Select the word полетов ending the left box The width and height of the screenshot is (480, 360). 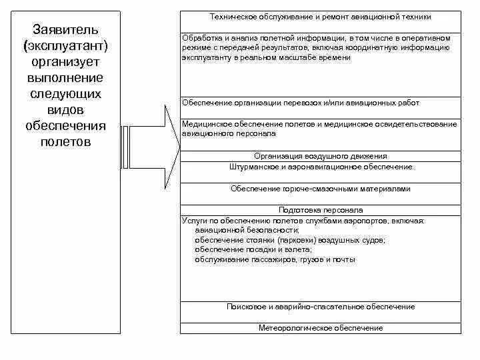(x=65, y=141)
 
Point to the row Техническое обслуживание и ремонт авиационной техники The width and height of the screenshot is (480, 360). (x=320, y=16)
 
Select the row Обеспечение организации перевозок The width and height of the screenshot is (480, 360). (x=300, y=103)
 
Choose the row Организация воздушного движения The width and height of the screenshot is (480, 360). (x=320, y=156)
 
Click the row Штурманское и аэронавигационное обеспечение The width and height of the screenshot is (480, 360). (x=320, y=167)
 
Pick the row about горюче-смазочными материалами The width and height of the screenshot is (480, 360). (x=320, y=189)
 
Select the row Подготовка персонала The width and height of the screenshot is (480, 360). (x=320, y=209)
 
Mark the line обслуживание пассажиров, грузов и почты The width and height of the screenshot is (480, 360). (x=275, y=259)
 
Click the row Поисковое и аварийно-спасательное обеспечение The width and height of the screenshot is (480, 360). (x=320, y=307)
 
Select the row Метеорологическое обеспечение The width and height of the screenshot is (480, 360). (x=320, y=328)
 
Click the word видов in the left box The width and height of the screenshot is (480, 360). (x=65, y=109)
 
